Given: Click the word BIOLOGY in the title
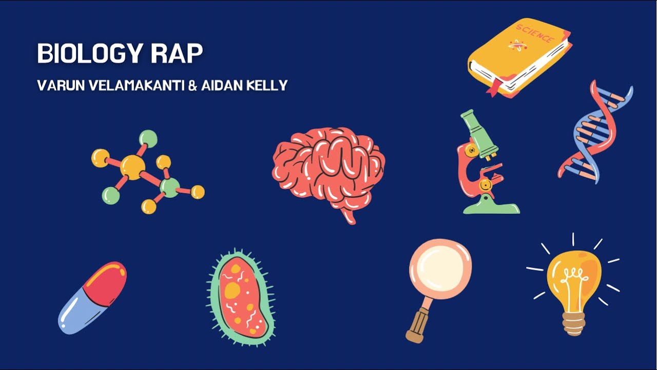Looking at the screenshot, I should pos(87,54).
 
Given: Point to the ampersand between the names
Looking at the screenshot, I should pos(192,85).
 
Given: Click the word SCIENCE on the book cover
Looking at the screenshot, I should pos(535,34).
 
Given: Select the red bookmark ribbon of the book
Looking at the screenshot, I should pos(494,88).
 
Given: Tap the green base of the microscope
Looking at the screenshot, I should pos(490,208).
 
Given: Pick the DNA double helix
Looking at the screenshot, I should pos(595,133).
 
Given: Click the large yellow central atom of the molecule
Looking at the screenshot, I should pos(132,167).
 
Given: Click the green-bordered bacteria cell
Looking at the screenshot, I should pos(241,295).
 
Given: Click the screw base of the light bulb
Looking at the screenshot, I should pos(573,322).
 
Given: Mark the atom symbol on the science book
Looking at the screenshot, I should pos(517,46).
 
